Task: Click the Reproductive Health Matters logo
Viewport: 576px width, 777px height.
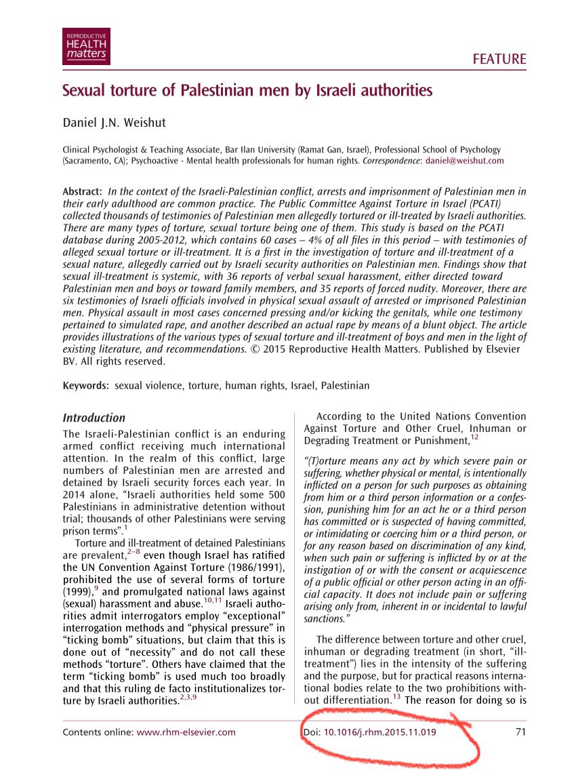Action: coord(86,47)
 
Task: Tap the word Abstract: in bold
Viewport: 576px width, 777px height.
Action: coord(83,192)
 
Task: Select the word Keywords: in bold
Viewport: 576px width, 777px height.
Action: coord(87,386)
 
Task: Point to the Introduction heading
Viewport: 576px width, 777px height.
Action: coord(94,418)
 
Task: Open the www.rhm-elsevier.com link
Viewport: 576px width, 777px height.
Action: coord(186,732)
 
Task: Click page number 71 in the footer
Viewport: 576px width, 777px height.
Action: coord(520,732)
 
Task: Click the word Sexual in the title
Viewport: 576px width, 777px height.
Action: coord(85,90)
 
